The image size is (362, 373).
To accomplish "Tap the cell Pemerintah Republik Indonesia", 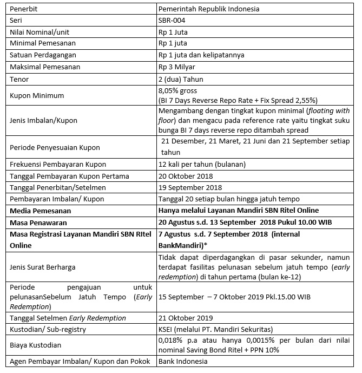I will pyautogui.click(x=208, y=9).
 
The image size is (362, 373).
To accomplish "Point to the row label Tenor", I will pyautogui.click(x=20, y=79).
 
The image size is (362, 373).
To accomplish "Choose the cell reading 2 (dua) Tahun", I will pyautogui.click(x=181, y=79).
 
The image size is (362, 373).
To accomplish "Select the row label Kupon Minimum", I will pyautogui.click(x=37, y=95).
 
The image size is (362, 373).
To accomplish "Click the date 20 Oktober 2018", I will pyautogui.click(x=186, y=176).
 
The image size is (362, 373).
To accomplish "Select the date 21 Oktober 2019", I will pyautogui.click(x=186, y=318).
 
